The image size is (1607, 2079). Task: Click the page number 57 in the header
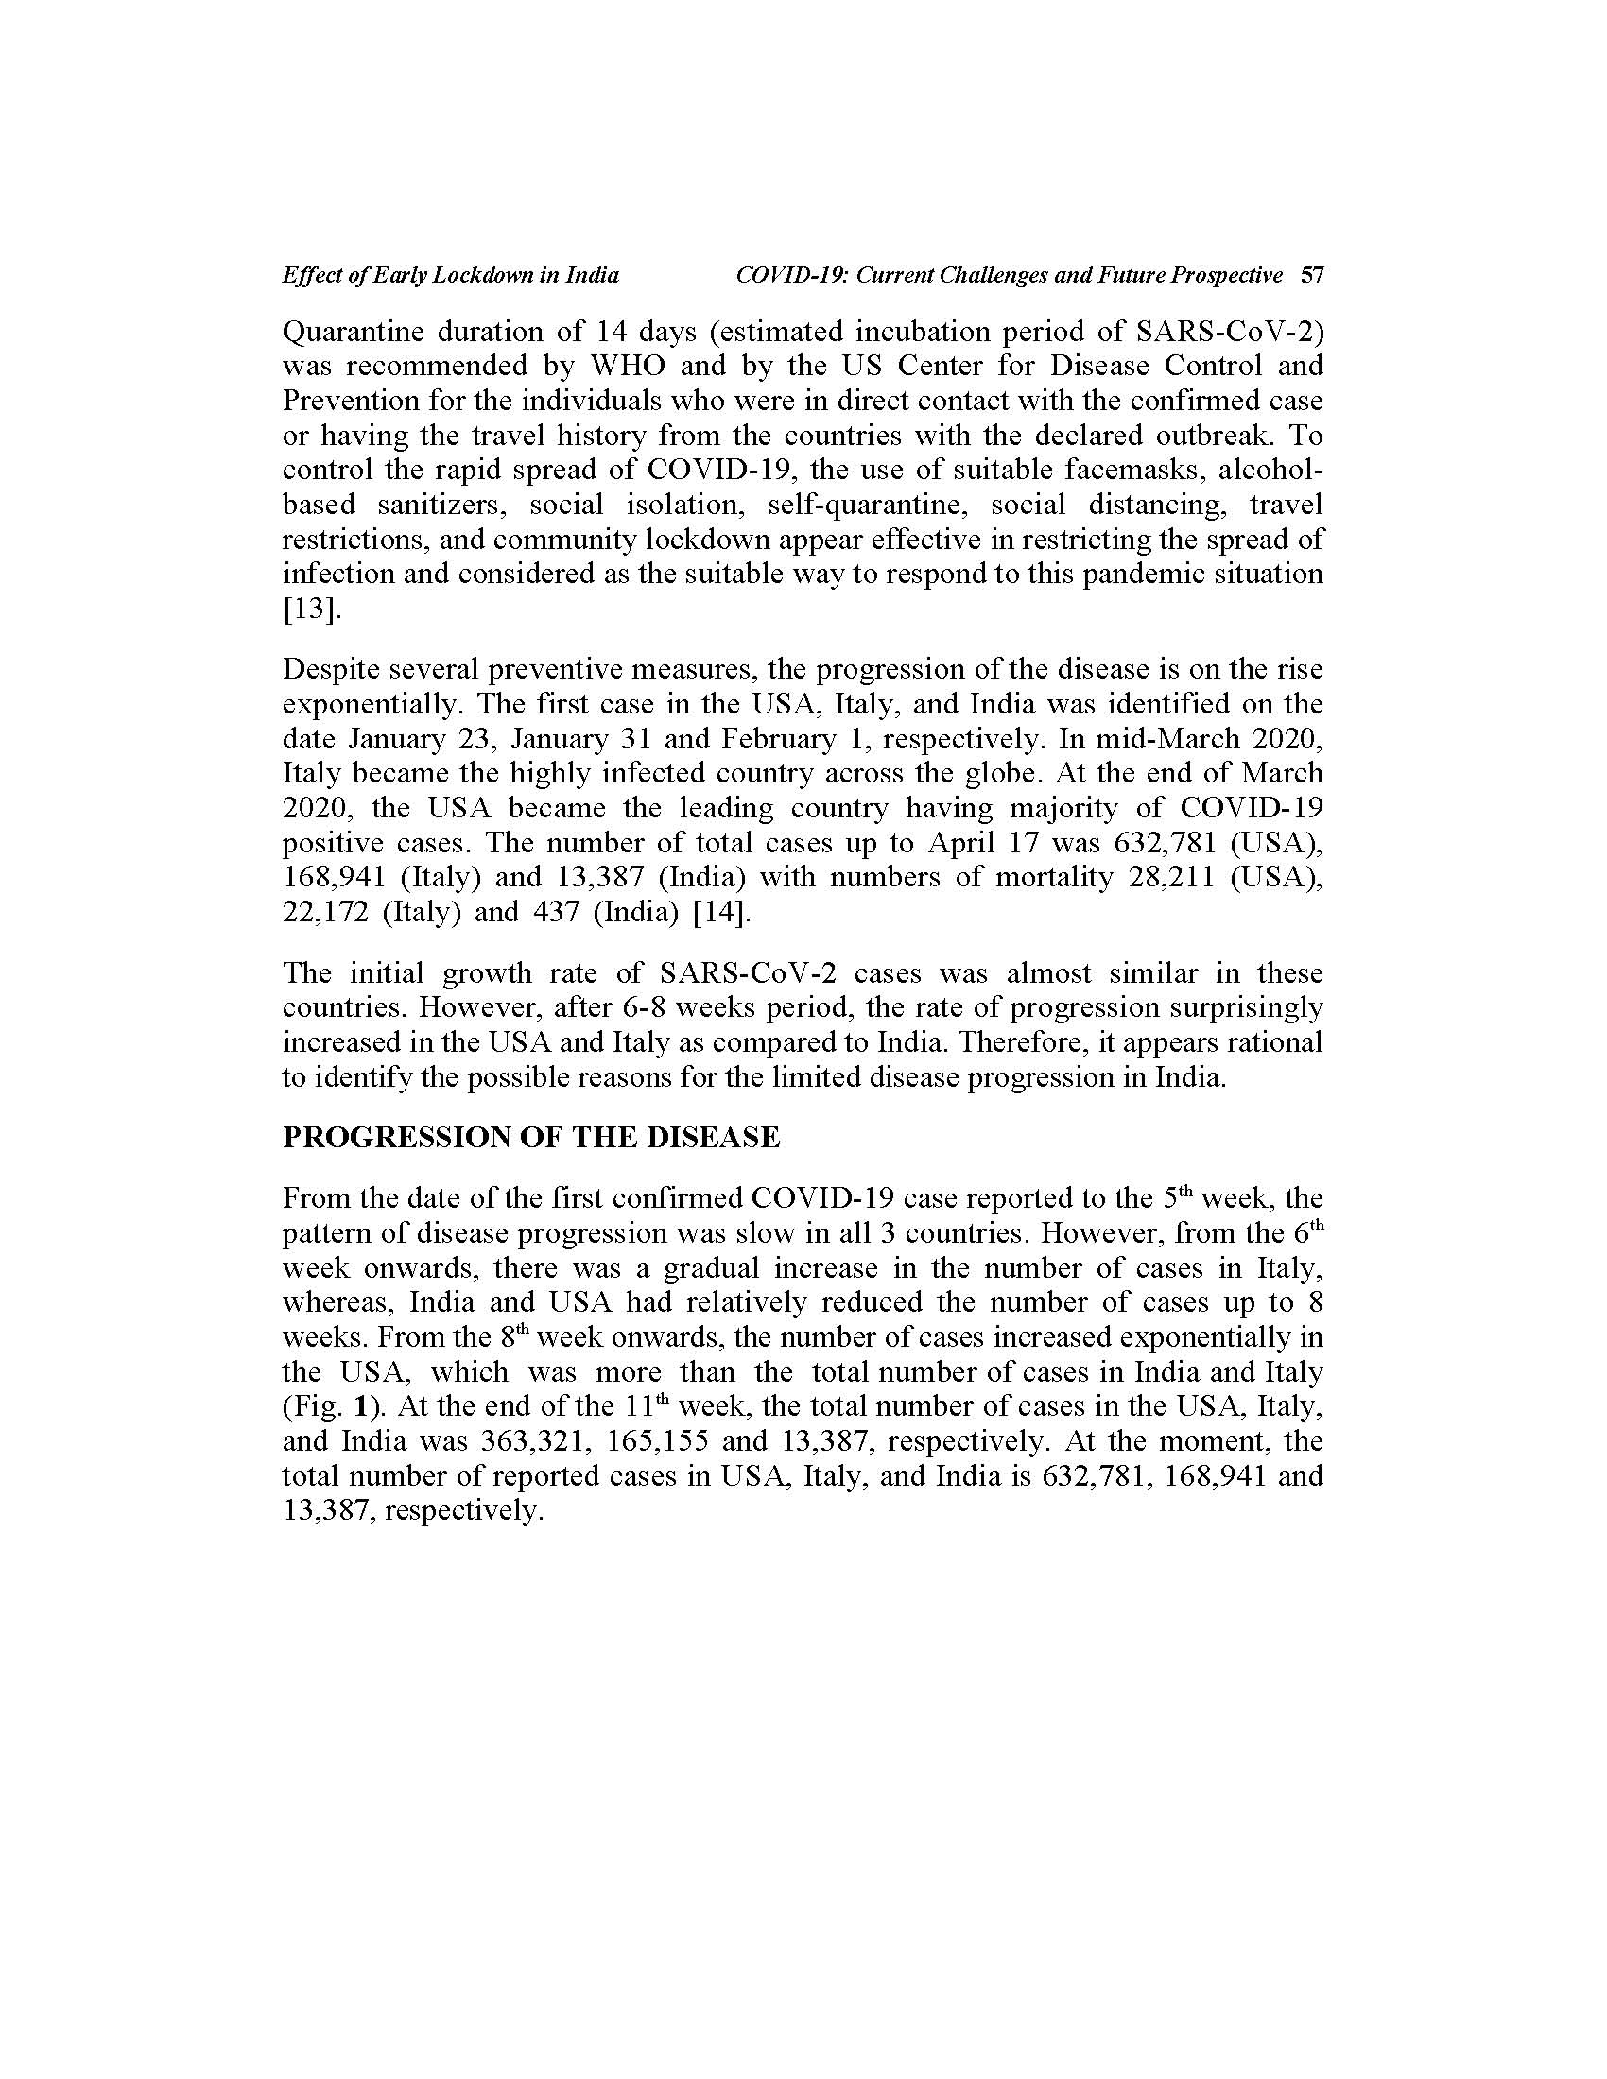pyautogui.click(x=1312, y=276)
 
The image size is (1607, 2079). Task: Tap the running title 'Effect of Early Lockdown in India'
pyautogui.click(x=450, y=276)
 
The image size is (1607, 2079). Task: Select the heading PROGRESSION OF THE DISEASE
pyautogui.click(x=531, y=1138)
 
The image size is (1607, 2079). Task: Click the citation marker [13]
pyautogui.click(x=311, y=610)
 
